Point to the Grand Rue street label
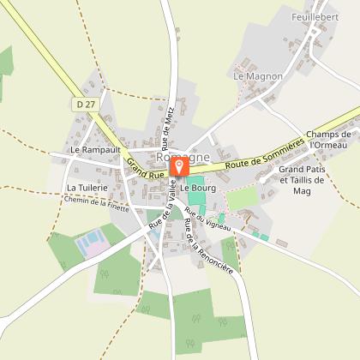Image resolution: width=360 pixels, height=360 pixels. [144, 169]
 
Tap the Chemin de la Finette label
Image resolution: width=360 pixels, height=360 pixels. [96, 203]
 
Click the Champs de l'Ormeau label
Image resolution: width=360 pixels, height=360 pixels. [330, 140]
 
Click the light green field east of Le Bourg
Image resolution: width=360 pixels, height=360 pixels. [242, 197]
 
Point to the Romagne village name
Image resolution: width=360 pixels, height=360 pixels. [180, 158]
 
